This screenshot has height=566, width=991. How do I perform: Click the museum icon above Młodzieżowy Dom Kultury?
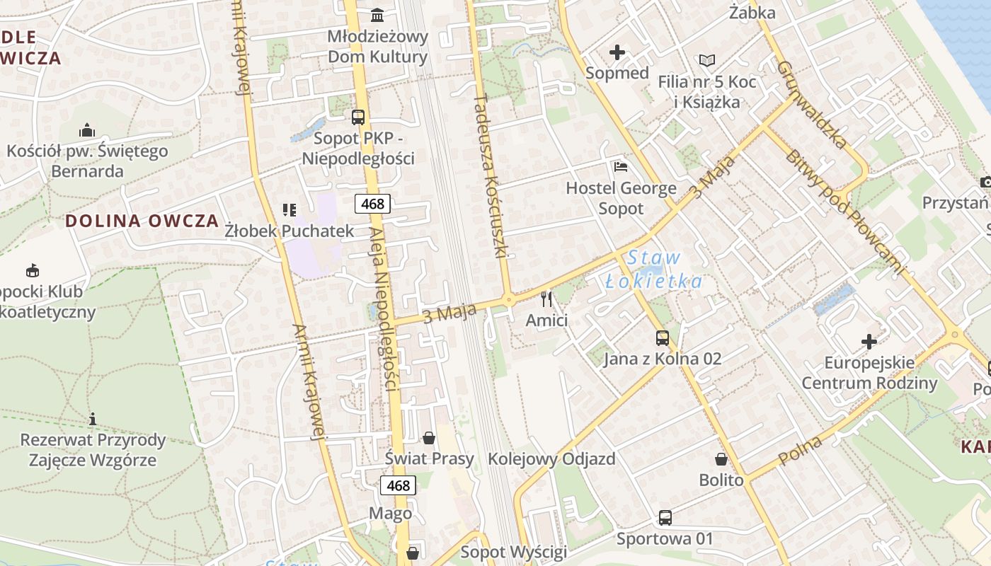(377, 15)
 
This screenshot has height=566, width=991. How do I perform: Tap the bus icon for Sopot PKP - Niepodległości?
(358, 117)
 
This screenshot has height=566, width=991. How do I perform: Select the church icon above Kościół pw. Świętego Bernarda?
(87, 130)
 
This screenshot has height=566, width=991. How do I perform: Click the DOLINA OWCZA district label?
(142, 220)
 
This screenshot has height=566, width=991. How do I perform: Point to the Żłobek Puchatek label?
(289, 231)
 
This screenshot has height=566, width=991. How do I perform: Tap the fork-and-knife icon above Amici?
(546, 299)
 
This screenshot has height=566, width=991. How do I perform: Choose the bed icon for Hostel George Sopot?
(621, 167)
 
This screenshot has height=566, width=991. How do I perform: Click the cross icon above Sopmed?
(617, 52)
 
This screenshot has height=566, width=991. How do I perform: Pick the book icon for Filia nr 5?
(706, 61)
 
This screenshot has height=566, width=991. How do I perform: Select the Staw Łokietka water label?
(654, 270)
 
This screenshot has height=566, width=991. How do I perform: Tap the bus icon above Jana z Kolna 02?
(663, 338)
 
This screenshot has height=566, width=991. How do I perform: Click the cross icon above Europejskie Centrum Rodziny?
(869, 342)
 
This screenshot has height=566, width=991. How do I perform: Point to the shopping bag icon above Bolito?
(721, 460)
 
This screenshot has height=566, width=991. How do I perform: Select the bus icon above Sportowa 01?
(665, 518)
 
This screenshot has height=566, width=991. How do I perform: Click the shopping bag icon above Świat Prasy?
(429, 438)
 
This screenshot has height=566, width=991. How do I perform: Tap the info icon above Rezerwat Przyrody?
(93, 419)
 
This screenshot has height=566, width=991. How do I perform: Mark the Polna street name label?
(801, 451)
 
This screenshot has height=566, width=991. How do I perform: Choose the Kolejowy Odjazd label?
(551, 458)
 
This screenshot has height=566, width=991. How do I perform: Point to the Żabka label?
(752, 12)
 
